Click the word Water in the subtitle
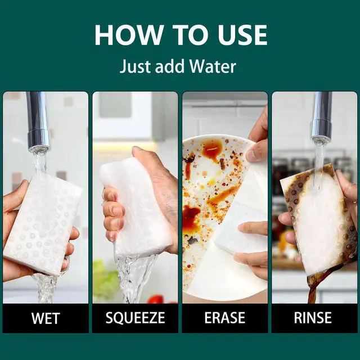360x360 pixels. click(x=213, y=66)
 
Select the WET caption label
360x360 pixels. click(x=46, y=318)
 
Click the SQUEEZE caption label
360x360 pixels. click(x=135, y=318)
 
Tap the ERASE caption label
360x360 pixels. click(x=225, y=318)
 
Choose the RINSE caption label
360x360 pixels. click(x=313, y=318)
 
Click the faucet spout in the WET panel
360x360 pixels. click(x=38, y=121)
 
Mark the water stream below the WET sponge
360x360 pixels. click(x=46, y=288)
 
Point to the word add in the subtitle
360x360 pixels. click(x=170, y=66)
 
